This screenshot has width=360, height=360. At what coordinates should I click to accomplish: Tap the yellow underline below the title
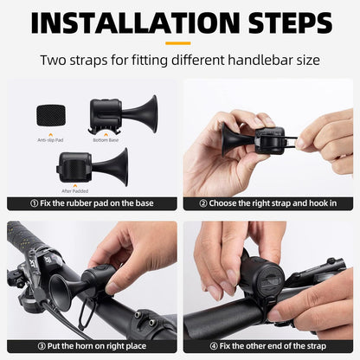(x=179, y=42)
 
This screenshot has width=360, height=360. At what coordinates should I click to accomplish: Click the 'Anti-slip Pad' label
(x=47, y=140)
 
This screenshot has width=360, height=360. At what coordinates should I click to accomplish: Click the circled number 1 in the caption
(x=33, y=204)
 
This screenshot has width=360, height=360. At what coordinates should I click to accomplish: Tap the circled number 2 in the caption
(x=202, y=204)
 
